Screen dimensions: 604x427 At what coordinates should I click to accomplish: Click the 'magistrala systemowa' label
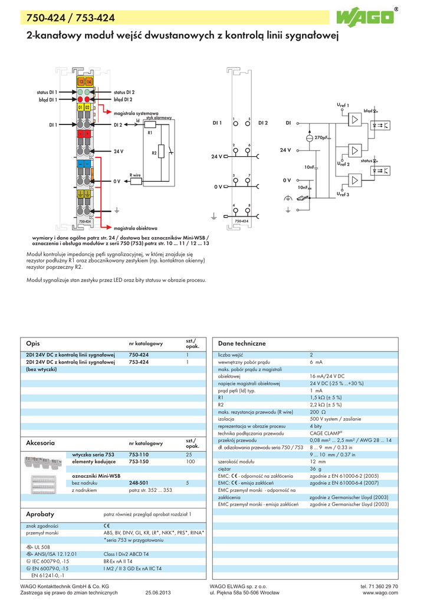coord(136,113)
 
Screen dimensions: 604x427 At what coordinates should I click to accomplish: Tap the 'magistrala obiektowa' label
coord(136,227)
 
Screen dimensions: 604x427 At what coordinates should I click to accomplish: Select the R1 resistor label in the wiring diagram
coord(150,133)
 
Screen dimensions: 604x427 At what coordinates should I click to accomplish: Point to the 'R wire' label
coord(135,175)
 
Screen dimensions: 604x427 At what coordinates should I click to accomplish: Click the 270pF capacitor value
coord(323,137)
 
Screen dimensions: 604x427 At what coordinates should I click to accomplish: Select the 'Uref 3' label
coord(343,193)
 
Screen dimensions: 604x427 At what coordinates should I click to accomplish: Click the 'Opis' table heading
coord(33,343)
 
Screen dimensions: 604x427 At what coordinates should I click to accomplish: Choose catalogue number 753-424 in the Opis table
coord(139,362)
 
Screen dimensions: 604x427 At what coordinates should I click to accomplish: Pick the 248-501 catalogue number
coord(139,482)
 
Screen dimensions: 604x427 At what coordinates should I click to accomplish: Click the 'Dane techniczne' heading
coord(242,343)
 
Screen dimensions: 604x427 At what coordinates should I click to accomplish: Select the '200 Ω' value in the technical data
coord(318,411)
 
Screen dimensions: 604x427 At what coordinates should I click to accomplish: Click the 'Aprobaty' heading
coord(40,514)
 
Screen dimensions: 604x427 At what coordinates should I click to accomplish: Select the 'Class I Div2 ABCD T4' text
coord(126,554)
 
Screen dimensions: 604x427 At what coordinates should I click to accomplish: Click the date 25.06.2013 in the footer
coord(158,592)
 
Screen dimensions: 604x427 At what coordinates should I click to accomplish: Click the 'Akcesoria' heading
coord(41,442)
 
